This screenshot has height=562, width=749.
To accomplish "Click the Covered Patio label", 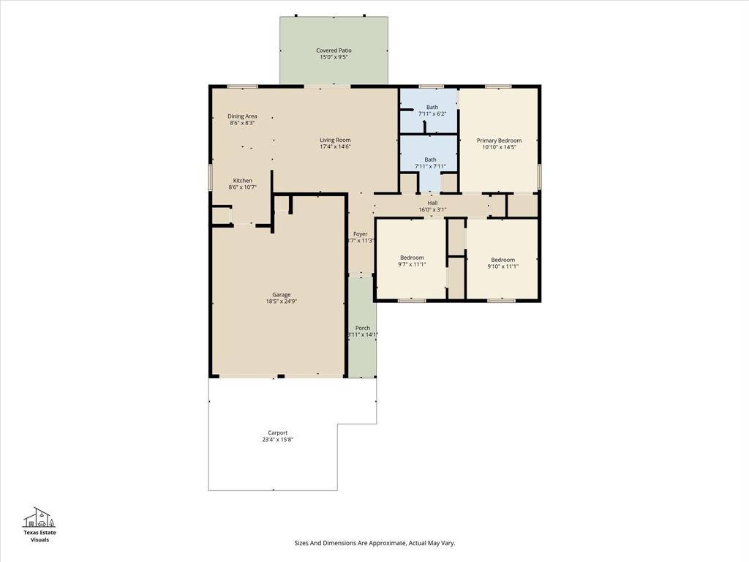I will (334, 50).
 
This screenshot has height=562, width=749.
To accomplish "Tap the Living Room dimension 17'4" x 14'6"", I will (335, 146).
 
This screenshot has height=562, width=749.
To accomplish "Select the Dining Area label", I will (242, 116).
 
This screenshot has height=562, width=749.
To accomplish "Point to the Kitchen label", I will (242, 181).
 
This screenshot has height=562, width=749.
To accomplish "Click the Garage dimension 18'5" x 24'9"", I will (282, 301).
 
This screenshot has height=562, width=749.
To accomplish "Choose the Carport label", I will (278, 432).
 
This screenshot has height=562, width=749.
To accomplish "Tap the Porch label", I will (362, 328).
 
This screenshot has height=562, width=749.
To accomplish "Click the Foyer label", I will (360, 234).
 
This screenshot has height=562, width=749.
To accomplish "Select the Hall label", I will (432, 203).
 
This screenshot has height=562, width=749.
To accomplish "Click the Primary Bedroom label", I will (499, 140).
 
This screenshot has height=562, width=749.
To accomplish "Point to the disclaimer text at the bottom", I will (374, 543).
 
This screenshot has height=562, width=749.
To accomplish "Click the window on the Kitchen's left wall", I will (211, 176).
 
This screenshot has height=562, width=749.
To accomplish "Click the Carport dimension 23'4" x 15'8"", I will (278, 440).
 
